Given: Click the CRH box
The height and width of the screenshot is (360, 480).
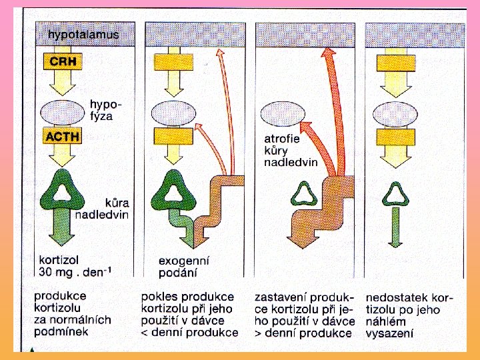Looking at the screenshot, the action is click(x=61, y=63).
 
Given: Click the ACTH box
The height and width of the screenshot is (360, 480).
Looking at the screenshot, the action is click(x=62, y=137).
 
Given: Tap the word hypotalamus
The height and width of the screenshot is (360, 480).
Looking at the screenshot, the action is click(x=84, y=33).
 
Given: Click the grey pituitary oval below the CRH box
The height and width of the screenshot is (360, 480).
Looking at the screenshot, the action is click(x=62, y=111).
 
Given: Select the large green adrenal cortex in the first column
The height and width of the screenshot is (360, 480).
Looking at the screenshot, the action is click(x=62, y=193).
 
